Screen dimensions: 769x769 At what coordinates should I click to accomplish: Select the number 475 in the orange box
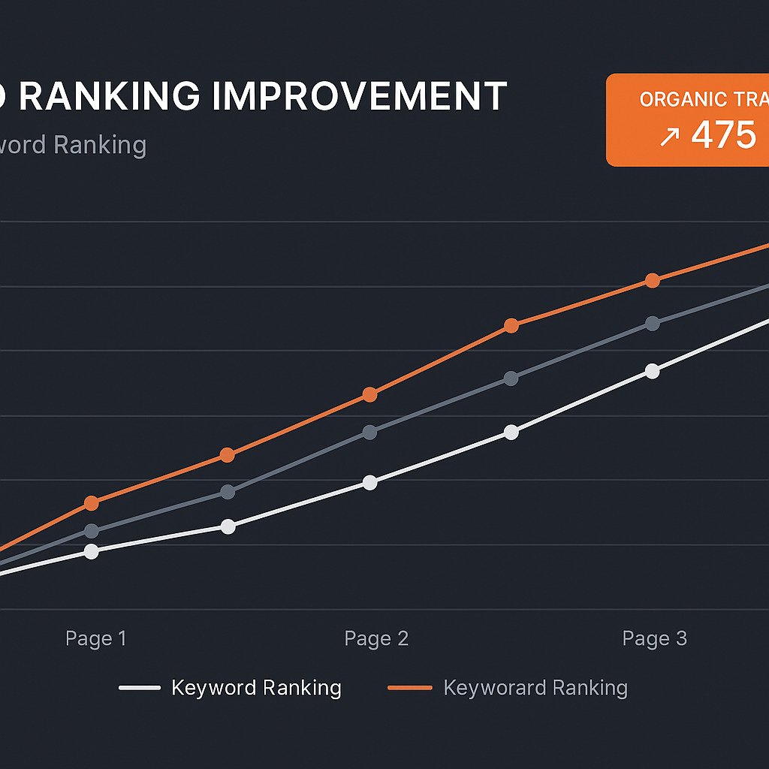tap(723, 135)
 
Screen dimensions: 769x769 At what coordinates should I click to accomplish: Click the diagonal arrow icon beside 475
tap(669, 137)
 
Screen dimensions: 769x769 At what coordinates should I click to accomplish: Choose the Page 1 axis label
tap(96, 638)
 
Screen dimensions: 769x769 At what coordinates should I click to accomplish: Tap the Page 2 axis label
tap(376, 638)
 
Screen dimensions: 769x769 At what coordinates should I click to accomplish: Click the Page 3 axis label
tap(655, 638)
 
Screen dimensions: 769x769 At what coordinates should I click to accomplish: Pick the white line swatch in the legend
tap(140, 687)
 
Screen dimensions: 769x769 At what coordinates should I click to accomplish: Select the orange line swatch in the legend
tap(410, 687)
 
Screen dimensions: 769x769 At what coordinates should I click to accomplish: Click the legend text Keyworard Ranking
tap(535, 687)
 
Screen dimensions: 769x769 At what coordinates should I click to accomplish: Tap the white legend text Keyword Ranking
tap(256, 687)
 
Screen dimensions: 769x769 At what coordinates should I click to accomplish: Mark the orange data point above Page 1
tap(92, 503)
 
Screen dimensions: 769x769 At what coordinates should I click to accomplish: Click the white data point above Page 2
tap(369, 483)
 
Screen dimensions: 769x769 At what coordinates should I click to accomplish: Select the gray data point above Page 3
tap(653, 324)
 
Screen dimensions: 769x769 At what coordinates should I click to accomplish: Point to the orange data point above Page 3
tap(653, 281)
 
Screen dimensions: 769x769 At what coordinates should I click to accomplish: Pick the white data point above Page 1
tap(92, 551)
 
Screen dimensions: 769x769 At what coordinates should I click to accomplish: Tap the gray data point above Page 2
tap(369, 432)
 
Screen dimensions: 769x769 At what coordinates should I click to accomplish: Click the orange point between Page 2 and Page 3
tap(511, 325)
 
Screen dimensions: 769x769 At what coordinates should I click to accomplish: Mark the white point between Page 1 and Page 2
tap(228, 526)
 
